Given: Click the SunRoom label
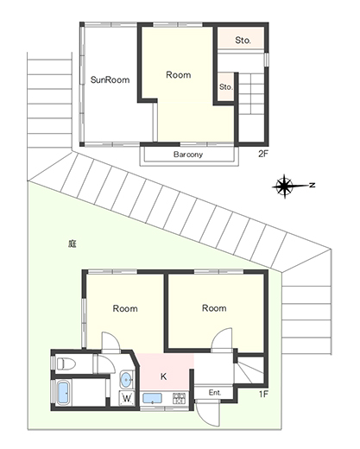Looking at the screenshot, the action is pyautogui.click(x=110, y=79).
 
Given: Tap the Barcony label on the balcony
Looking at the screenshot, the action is pyautogui.click(x=188, y=155).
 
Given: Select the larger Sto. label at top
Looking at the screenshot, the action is pyautogui.click(x=243, y=41).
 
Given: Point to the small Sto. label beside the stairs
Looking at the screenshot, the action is pyautogui.click(x=226, y=86).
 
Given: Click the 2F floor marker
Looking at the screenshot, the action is pyautogui.click(x=263, y=154).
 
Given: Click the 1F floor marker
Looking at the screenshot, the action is pyautogui.click(x=263, y=394).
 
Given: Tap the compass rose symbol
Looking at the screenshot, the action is pyautogui.click(x=284, y=186).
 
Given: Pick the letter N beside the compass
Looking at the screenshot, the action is pyautogui.click(x=312, y=185).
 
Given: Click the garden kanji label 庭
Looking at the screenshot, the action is pyautogui.click(x=73, y=244).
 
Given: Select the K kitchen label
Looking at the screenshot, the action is pyautogui.click(x=163, y=376).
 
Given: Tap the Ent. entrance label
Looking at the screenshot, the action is pyautogui.click(x=215, y=393).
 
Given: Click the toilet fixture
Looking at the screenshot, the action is pyautogui.click(x=66, y=364).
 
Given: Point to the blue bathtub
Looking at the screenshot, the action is pyautogui.click(x=63, y=393).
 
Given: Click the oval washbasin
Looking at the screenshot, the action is pyautogui.click(x=126, y=380).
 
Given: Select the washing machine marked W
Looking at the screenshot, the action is pyautogui.click(x=127, y=398).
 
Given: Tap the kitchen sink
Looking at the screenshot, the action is pyautogui.click(x=152, y=399).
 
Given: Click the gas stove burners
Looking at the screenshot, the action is pyautogui.click(x=180, y=399).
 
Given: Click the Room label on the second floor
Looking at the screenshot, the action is pyautogui.click(x=179, y=75).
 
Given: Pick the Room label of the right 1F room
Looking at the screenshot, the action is pyautogui.click(x=214, y=308).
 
